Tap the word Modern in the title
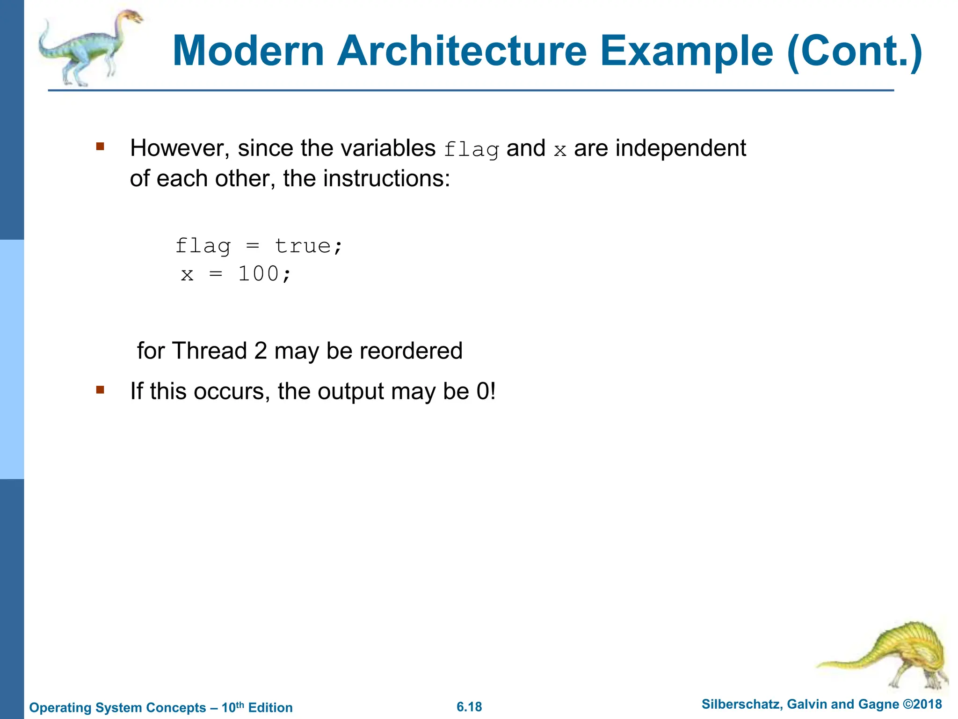pos(248,51)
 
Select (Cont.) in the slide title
pos(855,51)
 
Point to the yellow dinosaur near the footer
pos(889,655)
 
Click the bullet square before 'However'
pos(100,147)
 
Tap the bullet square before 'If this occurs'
pos(100,389)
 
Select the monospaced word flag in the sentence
pos(471,149)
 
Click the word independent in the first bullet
pos(681,148)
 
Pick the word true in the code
pos(303,246)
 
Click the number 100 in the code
pos(259,274)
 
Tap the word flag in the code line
pos(203,246)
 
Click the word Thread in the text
pos(210,351)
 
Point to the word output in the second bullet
pos(351,391)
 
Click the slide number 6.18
pos(469,707)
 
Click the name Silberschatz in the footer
pos(740,704)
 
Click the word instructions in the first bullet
pos(366,178)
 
